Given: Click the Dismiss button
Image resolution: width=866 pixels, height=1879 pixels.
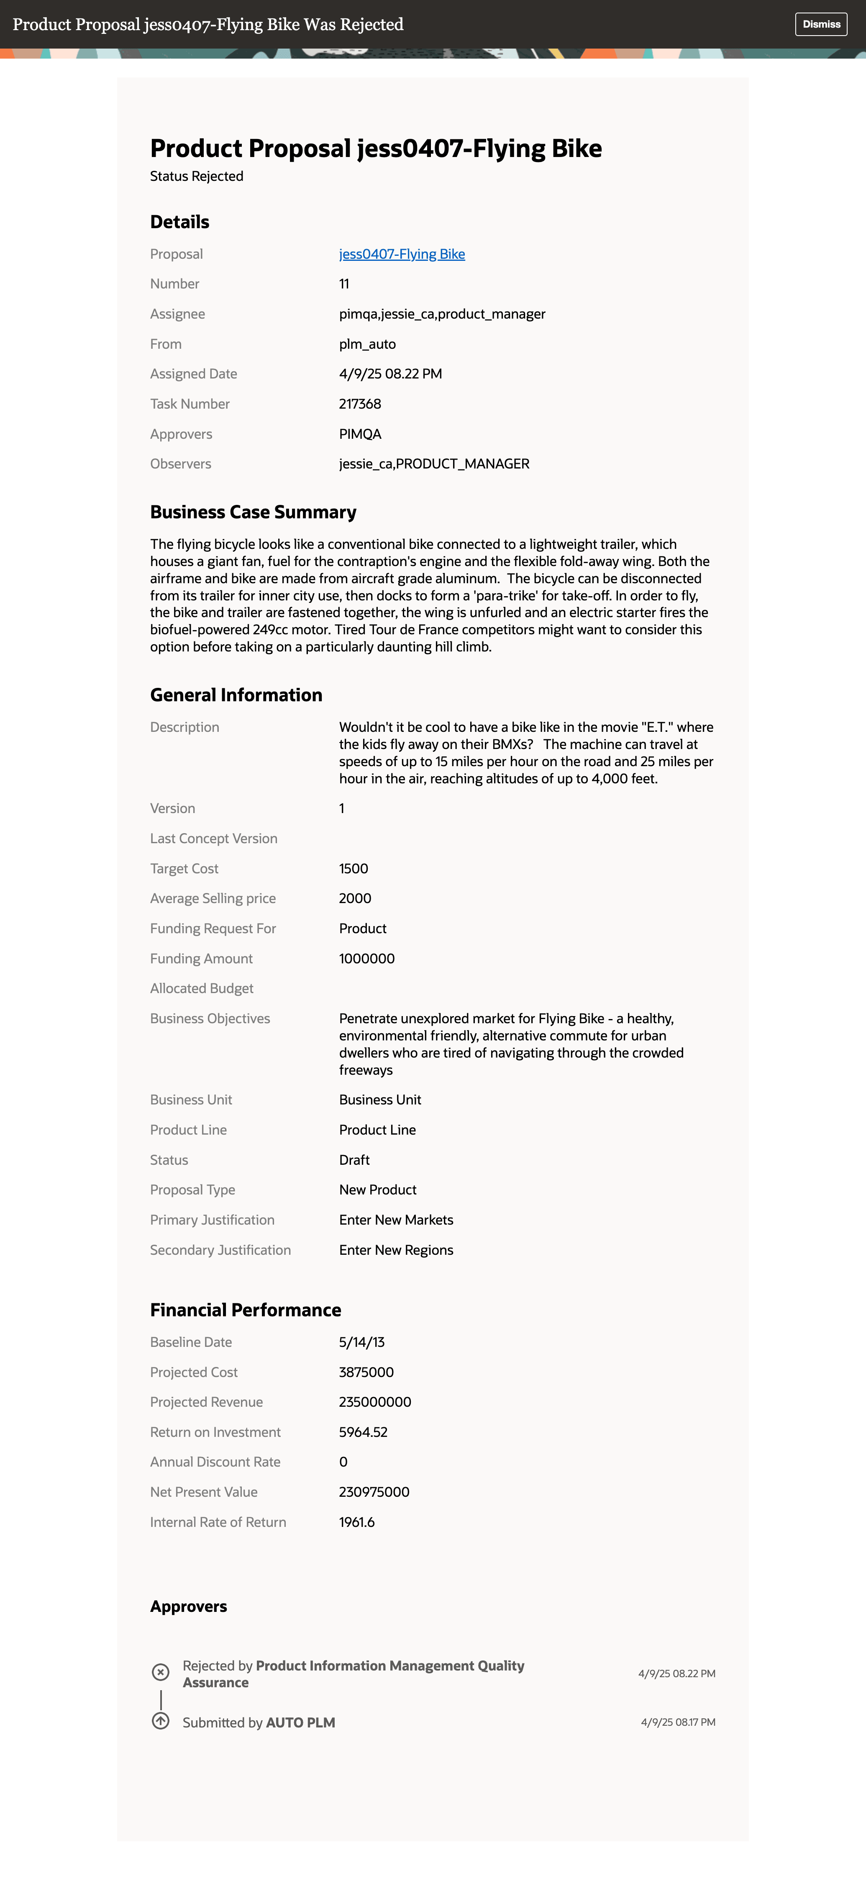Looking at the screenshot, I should pyautogui.click(x=821, y=24).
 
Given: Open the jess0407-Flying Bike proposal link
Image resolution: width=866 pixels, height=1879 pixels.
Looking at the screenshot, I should pyautogui.click(x=402, y=254).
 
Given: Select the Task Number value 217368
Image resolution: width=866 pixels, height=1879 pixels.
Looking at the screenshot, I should pyautogui.click(x=360, y=403).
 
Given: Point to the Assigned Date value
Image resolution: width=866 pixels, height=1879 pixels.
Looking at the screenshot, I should pyautogui.click(x=390, y=373).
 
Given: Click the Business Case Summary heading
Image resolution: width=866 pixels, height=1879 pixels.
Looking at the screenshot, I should pyautogui.click(x=253, y=512).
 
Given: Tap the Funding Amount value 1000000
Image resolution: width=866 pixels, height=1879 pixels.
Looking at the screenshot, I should pyautogui.click(x=366, y=958).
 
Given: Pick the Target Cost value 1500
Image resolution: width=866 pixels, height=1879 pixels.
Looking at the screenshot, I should pyautogui.click(x=354, y=868).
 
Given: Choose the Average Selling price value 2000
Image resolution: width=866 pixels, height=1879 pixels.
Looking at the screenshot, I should pyautogui.click(x=355, y=898).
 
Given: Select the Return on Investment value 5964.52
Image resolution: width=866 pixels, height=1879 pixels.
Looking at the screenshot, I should pyautogui.click(x=363, y=1432).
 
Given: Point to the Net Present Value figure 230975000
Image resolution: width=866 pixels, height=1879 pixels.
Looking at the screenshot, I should pyautogui.click(x=374, y=1492).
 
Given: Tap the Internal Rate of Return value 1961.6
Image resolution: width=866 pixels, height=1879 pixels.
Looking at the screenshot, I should pyautogui.click(x=356, y=1521).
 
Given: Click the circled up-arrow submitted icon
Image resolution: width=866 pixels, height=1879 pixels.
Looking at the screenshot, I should pyautogui.click(x=160, y=1721).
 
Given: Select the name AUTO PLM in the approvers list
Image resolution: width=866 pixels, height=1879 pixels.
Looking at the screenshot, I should pyautogui.click(x=300, y=1722).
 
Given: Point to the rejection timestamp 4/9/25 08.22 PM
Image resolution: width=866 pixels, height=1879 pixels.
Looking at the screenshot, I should pyautogui.click(x=676, y=1673).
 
